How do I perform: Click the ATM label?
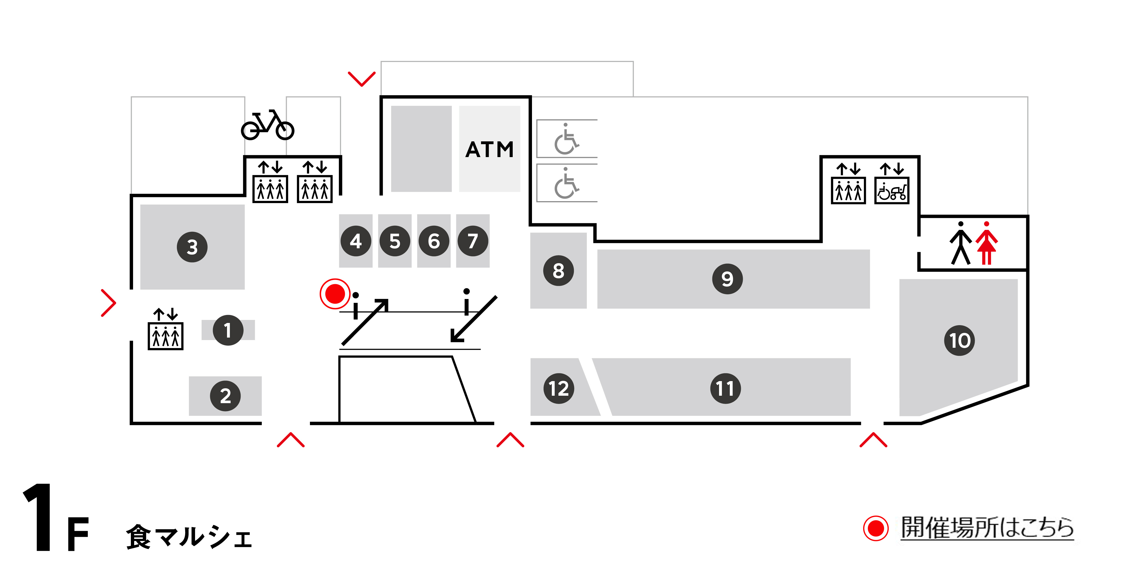pos(489,150)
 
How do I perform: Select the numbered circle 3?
pos(192,247)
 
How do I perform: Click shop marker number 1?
pos(228,330)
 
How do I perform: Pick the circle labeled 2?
pos(226,396)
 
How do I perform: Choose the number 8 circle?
pos(558,271)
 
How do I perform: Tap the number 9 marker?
pos(727,279)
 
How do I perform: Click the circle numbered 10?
pos(960,341)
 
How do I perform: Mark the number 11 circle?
pos(725,389)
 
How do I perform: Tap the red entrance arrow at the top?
pos(361,79)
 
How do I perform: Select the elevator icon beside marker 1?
pos(165,336)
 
